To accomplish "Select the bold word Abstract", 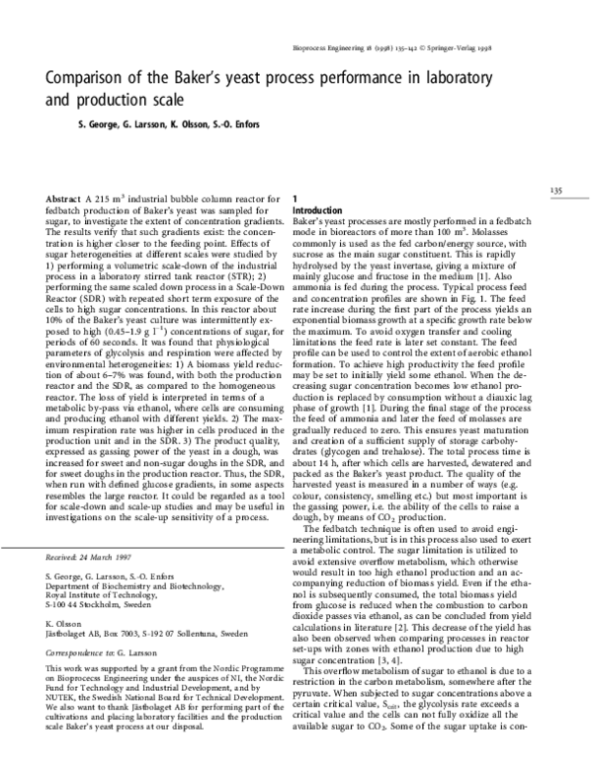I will [66, 199].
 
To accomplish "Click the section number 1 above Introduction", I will [295, 199].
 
